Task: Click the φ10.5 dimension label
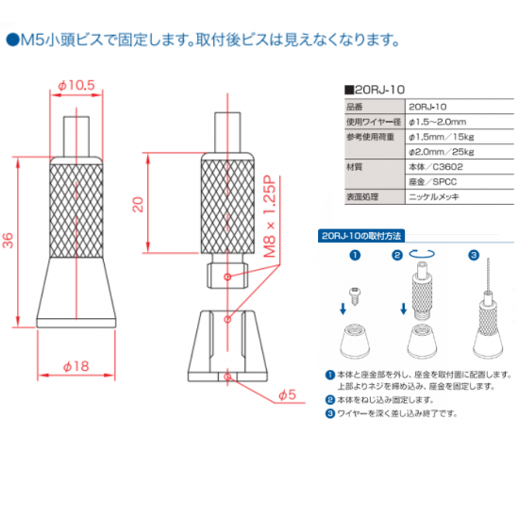pos(76,85)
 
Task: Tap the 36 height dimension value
pos(8,241)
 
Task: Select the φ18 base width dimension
pos(76,366)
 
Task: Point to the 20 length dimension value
pos(139,204)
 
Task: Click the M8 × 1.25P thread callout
pos(270,217)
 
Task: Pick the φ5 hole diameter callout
pos(287,394)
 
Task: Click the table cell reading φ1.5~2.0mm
pos(437,122)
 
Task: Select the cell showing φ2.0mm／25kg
pos(441,152)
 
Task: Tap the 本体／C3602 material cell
pos(436,167)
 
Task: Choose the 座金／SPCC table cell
pos(432,182)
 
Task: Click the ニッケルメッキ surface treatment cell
pos(434,197)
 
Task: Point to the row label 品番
pos(355,107)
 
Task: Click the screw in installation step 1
pos(355,296)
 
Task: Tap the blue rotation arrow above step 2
pos(422,254)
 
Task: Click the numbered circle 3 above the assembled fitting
pos(474,255)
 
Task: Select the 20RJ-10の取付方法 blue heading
pos(361,236)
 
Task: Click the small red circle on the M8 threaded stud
pos(227,276)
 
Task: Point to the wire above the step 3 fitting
pos(488,275)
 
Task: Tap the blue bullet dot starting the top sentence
pos(12,40)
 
